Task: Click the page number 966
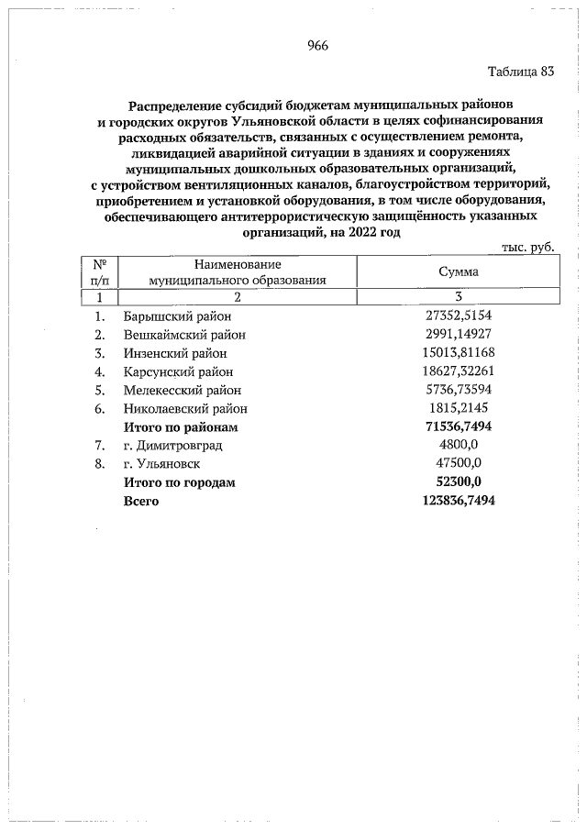tap(318, 46)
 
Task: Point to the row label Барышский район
tap(175, 315)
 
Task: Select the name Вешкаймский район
tap(182, 334)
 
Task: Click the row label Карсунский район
tap(178, 371)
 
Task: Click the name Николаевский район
tap(185, 409)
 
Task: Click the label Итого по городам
tap(180, 482)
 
